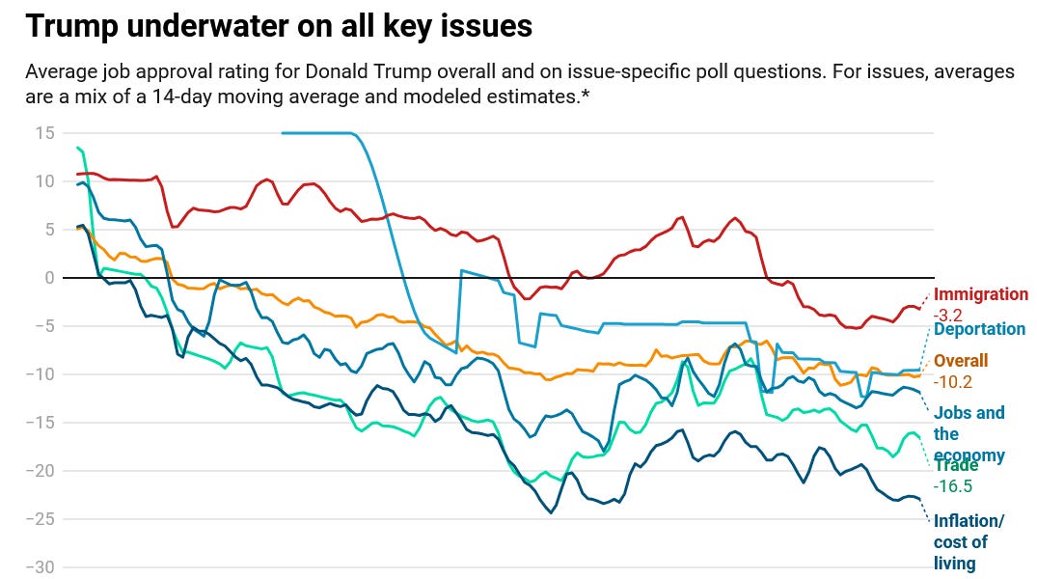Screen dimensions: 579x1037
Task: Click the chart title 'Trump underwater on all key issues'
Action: pyautogui.click(x=279, y=26)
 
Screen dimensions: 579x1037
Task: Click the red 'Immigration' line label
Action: pyautogui.click(x=981, y=295)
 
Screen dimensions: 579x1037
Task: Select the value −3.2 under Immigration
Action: pyautogui.click(x=949, y=315)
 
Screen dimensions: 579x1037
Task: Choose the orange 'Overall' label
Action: pyautogui.click(x=961, y=361)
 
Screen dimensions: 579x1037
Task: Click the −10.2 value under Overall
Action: pyautogui.click(x=953, y=381)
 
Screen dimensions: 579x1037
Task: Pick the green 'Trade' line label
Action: pyautogui.click(x=956, y=465)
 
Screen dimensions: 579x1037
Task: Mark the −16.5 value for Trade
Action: pyautogui.click(x=953, y=485)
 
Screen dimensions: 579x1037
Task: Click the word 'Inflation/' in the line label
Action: pyautogui.click(x=969, y=522)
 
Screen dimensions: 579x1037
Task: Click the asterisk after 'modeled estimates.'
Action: pyautogui.click(x=585, y=97)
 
